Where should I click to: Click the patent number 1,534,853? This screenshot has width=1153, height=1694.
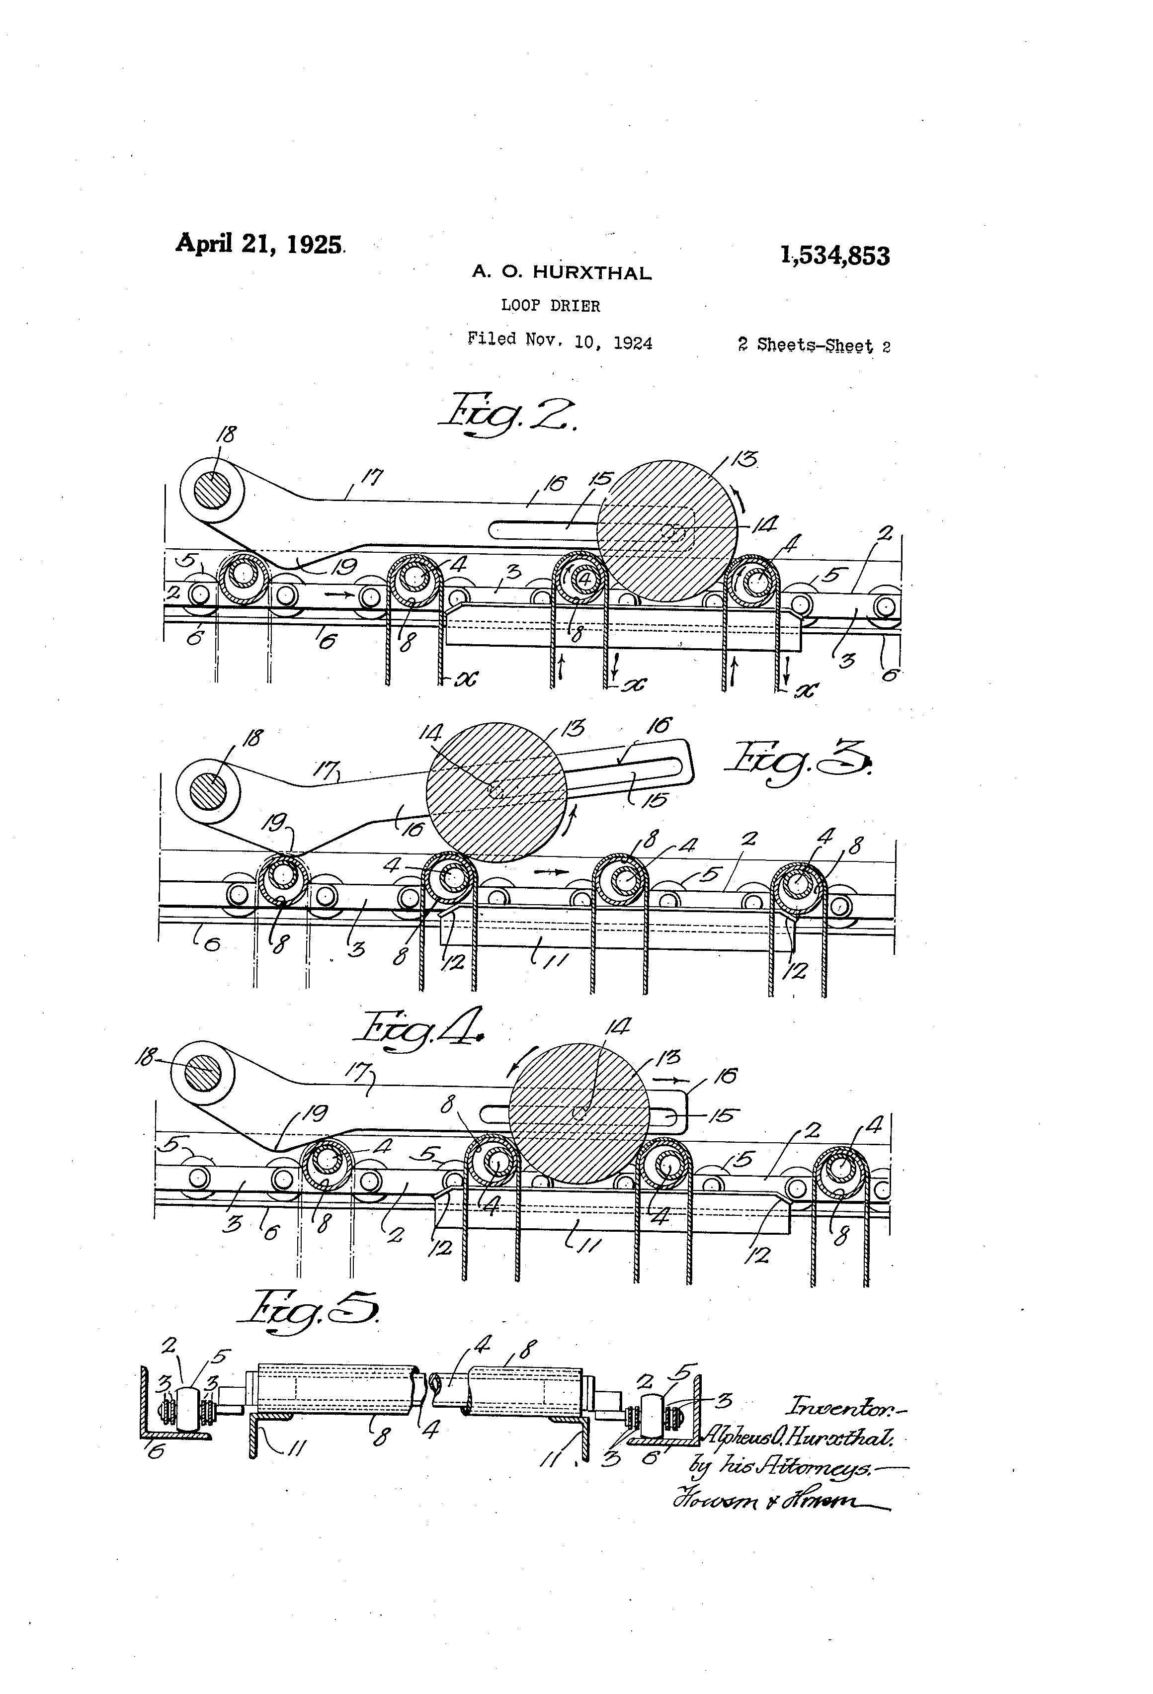[834, 256]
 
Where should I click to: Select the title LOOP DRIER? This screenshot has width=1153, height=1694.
[550, 306]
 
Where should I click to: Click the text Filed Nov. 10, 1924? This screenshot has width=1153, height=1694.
[560, 341]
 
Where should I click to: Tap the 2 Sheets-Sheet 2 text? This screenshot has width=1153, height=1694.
[814, 345]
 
